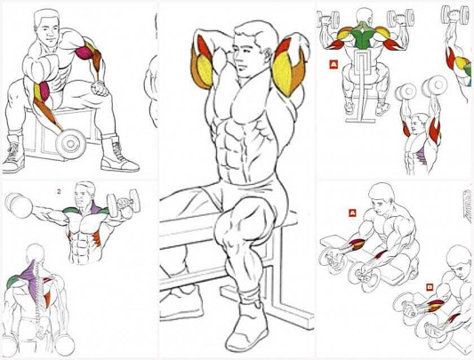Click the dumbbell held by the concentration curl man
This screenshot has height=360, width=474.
(x=71, y=144)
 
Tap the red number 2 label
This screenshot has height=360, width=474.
(x=59, y=191)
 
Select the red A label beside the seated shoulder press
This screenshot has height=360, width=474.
(x=333, y=64)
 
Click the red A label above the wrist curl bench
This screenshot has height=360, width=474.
(x=352, y=213)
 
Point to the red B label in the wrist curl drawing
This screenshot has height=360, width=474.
(x=429, y=287)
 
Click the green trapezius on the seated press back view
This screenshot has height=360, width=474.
(x=363, y=36)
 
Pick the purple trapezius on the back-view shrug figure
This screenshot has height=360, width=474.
(x=30, y=275)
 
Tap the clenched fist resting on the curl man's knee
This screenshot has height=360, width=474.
(x=100, y=88)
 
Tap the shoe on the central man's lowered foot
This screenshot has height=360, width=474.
(x=247, y=326)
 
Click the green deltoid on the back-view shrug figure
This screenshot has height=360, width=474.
(x=12, y=282)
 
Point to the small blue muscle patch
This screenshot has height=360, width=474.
(x=469, y=82)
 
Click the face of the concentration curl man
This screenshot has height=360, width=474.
(x=48, y=32)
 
